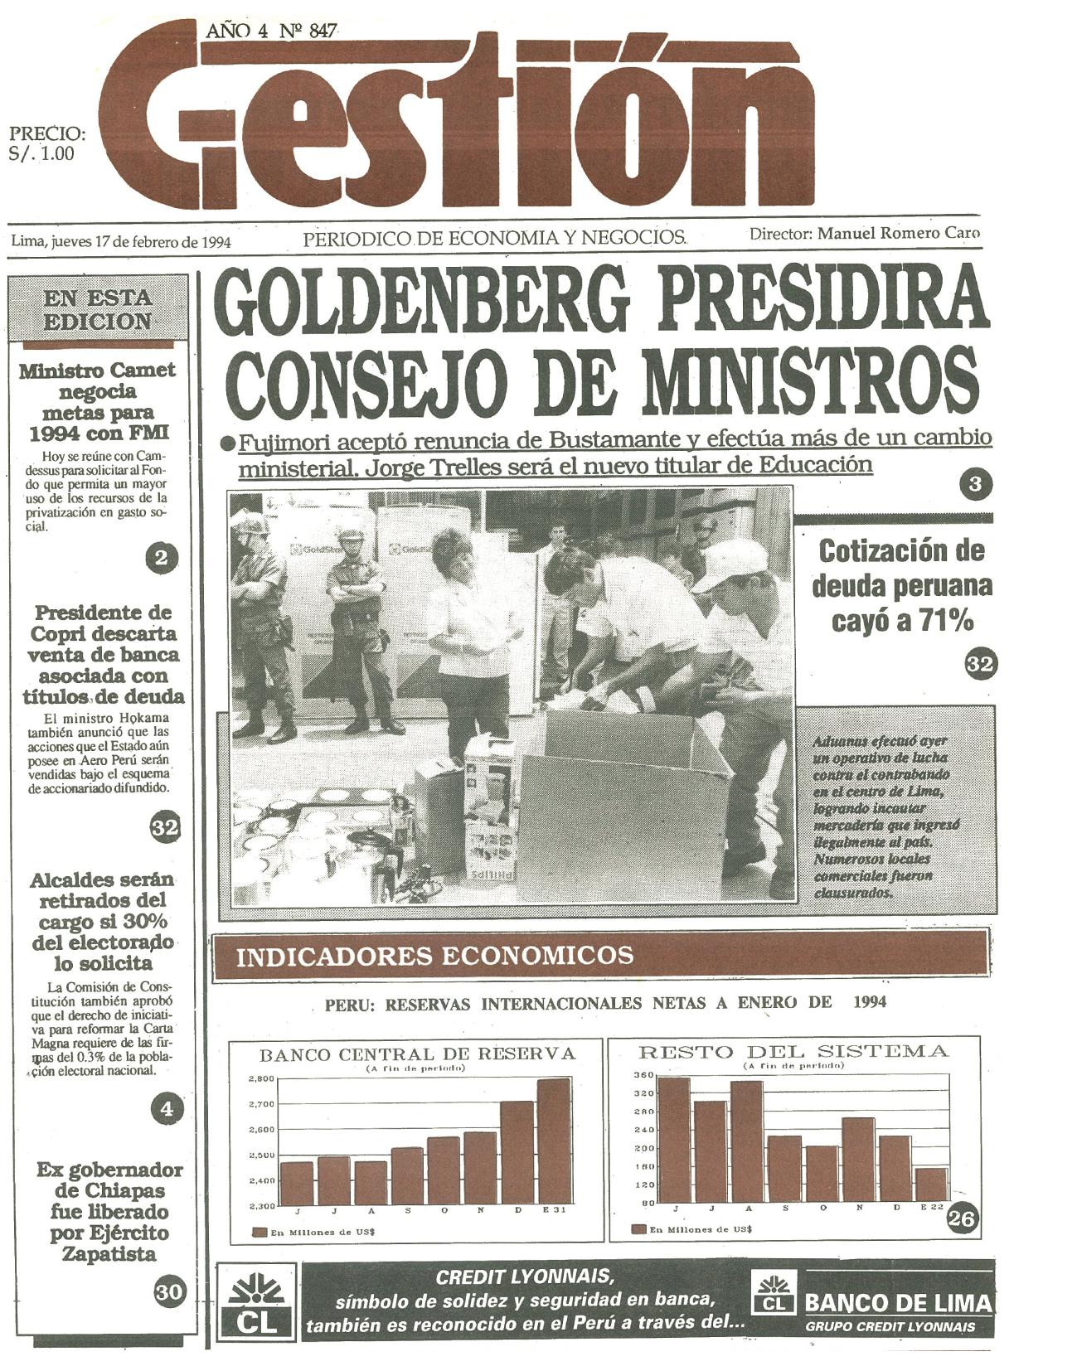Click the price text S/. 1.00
41,153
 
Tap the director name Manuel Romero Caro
899,234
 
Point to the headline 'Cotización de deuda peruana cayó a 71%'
902,586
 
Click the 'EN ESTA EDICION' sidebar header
98,310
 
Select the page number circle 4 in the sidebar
167,1107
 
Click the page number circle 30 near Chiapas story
168,1291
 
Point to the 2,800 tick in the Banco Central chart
261,1079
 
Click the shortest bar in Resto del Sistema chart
932,1184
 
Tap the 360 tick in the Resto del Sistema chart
646,1075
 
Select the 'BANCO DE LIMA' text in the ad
898,1304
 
